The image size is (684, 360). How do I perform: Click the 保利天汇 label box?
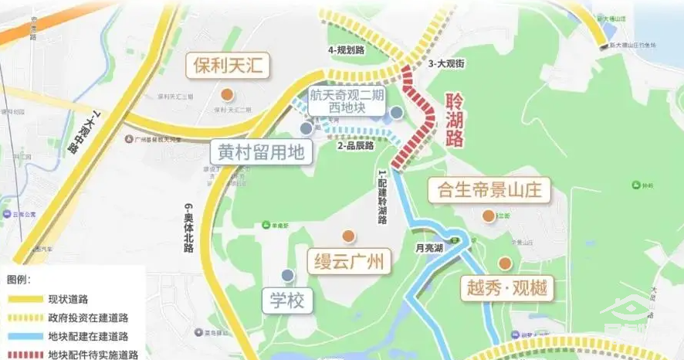coord(227,66)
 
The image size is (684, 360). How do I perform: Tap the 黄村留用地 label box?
coord(261,151)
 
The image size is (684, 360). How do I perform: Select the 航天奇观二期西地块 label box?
coord(346,103)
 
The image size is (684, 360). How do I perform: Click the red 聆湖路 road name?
coord(455,121)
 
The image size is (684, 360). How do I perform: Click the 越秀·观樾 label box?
coord(506,288)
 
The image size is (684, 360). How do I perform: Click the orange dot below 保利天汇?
coord(227,94)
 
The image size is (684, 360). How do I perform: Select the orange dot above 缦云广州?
coord(348,236)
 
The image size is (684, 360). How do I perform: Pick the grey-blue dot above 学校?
coord(287,275)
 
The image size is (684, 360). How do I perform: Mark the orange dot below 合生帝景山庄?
coord(488,216)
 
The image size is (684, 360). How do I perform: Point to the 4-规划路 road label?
coord(346,50)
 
